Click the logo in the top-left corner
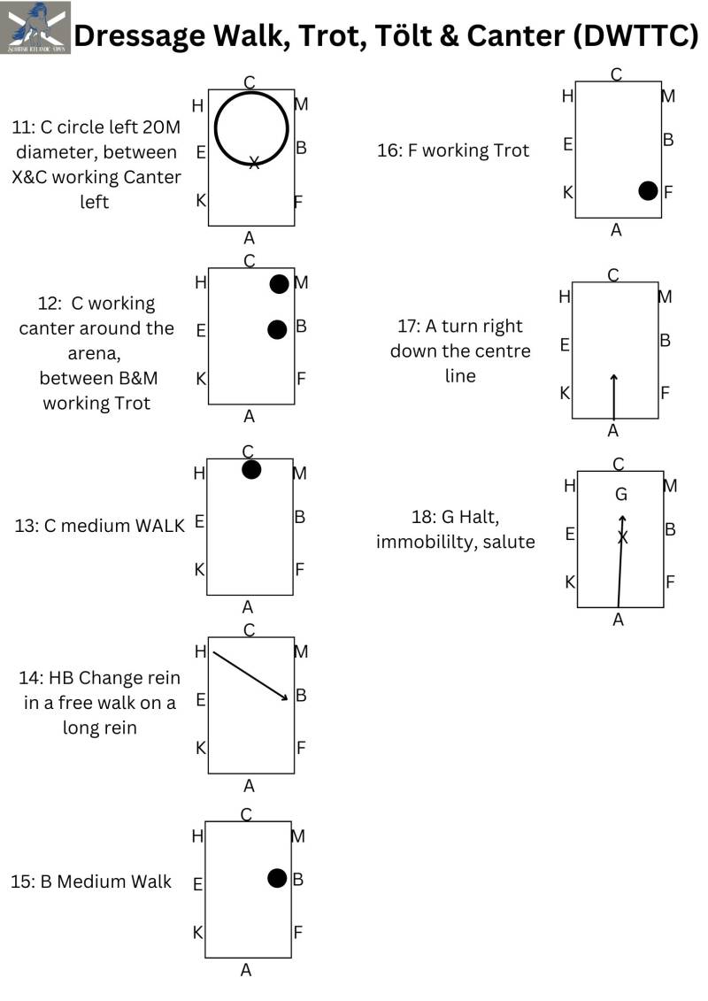(x=35, y=27)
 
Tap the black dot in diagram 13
(x=251, y=469)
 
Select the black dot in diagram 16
(x=648, y=190)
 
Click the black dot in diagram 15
(x=277, y=878)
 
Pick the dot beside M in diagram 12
(x=279, y=284)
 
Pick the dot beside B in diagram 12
(x=277, y=329)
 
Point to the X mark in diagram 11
(x=254, y=163)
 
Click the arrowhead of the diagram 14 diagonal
(x=285, y=698)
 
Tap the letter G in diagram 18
(x=621, y=494)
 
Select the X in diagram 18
(x=622, y=537)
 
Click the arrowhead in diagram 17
(x=613, y=378)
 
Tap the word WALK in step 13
(x=160, y=525)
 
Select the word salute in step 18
(x=508, y=541)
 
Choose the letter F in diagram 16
(x=668, y=191)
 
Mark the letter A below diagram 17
(x=613, y=431)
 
